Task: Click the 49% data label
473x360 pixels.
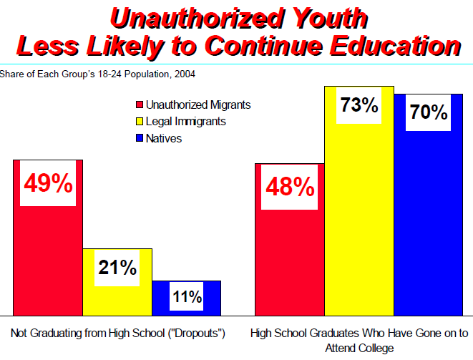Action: pyautogui.click(x=48, y=184)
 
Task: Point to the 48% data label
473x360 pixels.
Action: pyautogui.click(x=290, y=188)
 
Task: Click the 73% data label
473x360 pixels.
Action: pyautogui.click(x=359, y=106)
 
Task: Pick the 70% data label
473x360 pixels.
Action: pyautogui.click(x=429, y=112)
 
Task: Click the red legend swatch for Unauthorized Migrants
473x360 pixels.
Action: pyautogui.click(x=140, y=105)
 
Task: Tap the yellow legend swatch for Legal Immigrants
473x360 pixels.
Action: pyautogui.click(x=140, y=122)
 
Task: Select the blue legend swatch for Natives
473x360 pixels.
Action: pyautogui.click(x=140, y=139)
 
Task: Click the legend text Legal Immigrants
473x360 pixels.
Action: pyautogui.click(x=185, y=122)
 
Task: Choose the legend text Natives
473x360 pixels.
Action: pyautogui.click(x=164, y=139)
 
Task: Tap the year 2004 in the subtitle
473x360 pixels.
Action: pyautogui.click(x=184, y=73)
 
